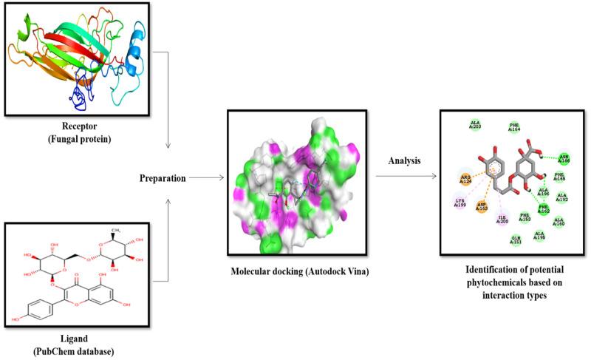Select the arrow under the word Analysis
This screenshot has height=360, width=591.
tap(404, 177)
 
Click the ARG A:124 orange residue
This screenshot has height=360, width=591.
tap(466, 179)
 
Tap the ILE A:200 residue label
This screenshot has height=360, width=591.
tap(503, 218)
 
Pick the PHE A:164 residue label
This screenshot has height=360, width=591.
tap(514, 128)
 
